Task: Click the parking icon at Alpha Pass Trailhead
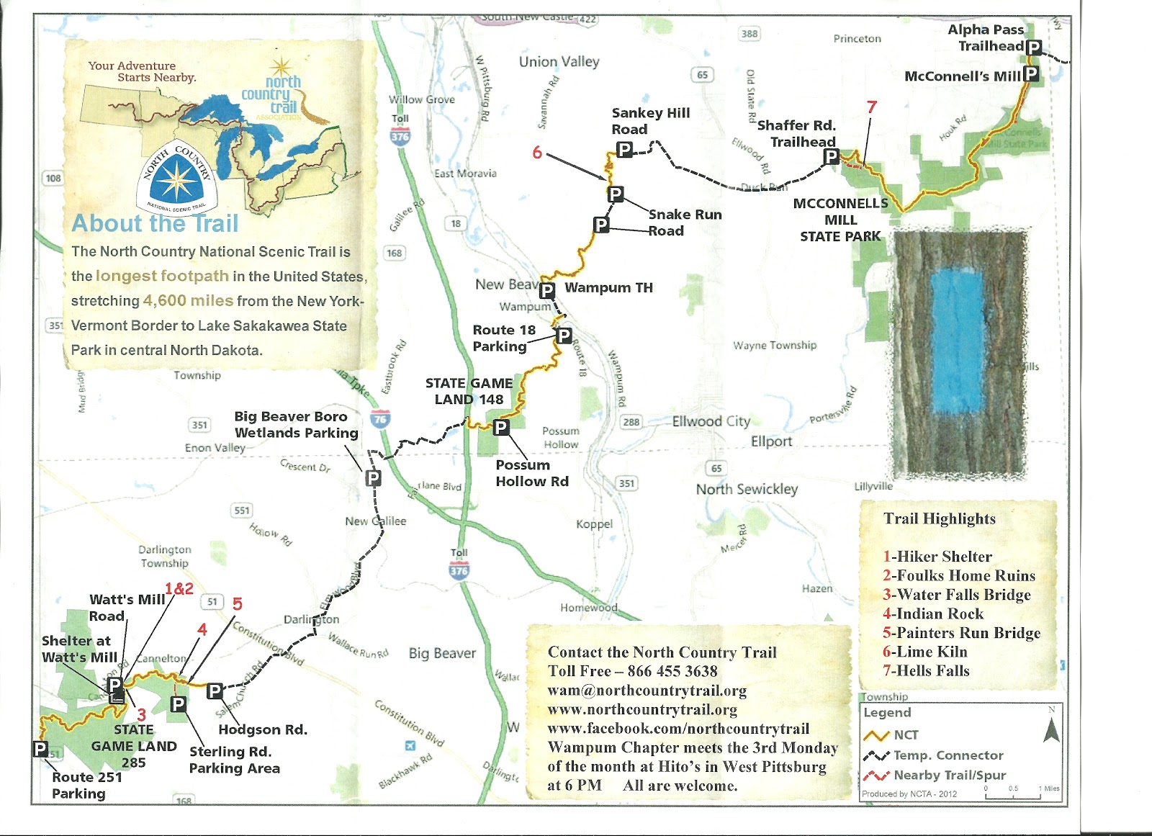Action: pos(1034,48)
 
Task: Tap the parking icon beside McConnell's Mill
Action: pos(1031,73)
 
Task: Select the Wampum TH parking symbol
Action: pos(547,290)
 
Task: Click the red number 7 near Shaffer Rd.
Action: pos(872,107)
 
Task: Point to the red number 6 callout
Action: pos(537,152)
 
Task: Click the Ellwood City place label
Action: pos(711,421)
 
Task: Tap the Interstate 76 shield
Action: pos(380,418)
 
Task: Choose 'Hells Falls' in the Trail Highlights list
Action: pos(926,670)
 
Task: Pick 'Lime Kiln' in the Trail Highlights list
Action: pos(924,652)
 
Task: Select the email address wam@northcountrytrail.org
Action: pos(647,691)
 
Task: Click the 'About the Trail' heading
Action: pos(155,223)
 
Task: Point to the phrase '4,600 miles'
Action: pos(188,300)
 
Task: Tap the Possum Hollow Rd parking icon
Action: pos(501,428)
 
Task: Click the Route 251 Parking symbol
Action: pos(41,749)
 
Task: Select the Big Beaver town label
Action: pos(442,653)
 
